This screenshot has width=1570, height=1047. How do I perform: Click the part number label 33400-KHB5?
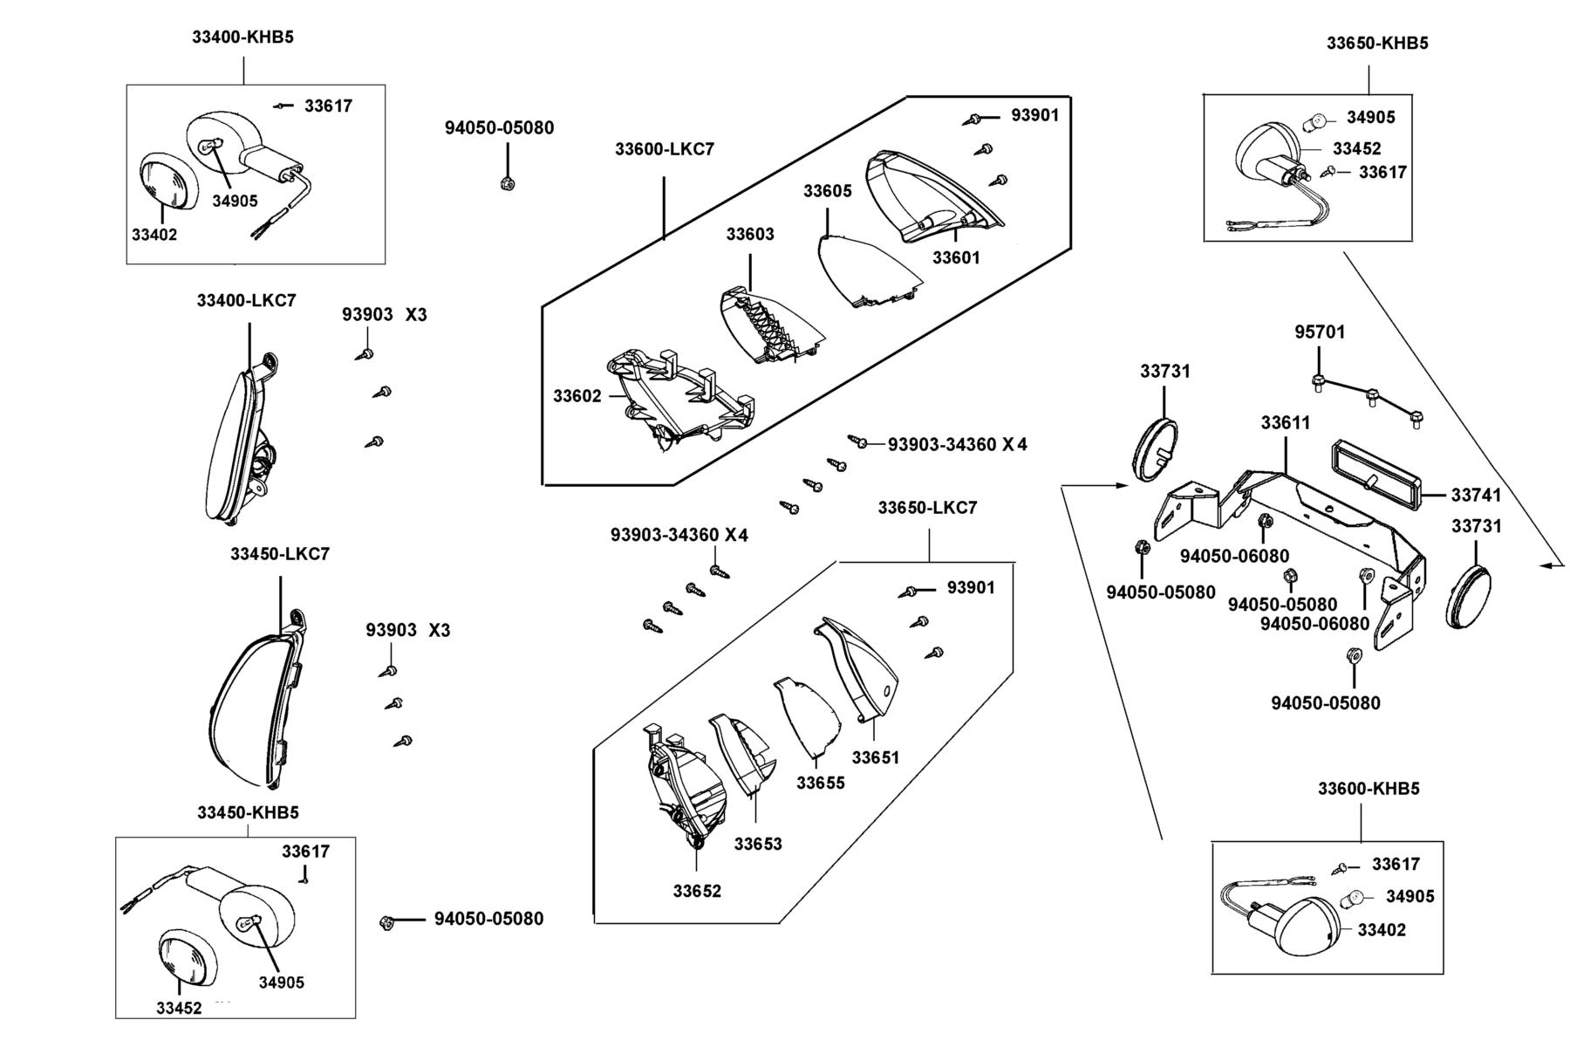tap(242, 38)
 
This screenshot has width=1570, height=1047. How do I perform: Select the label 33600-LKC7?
tap(665, 149)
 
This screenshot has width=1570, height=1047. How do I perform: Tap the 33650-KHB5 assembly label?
tap(1377, 43)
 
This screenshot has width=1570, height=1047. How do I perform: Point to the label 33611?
tap(1286, 422)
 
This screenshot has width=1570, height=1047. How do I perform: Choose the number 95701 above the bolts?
tap(1320, 332)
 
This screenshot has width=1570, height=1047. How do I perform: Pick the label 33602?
tap(577, 396)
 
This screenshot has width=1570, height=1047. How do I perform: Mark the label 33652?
tap(697, 891)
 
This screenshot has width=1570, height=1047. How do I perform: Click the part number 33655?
tap(821, 783)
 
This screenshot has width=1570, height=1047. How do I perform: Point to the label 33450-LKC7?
tap(280, 554)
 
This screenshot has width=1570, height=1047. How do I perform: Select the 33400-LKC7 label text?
tap(246, 301)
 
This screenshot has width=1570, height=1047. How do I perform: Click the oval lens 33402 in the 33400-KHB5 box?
tap(168, 181)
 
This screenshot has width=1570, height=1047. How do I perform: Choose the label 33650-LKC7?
tap(927, 508)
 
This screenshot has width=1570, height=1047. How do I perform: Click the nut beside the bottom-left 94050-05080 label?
tap(387, 922)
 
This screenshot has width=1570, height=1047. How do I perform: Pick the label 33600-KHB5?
tap(1369, 789)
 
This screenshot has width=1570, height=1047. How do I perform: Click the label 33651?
tap(876, 757)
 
